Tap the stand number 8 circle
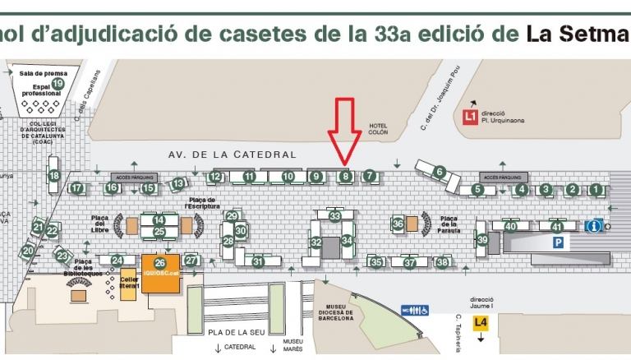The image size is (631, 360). click(346, 176)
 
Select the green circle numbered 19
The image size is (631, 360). click(58, 83)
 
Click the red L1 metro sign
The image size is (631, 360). click(471, 117)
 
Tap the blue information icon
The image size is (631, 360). click(593, 226)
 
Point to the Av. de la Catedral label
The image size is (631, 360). click(232, 154)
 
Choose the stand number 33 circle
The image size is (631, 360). click(334, 216)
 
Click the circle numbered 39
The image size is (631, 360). click(482, 240)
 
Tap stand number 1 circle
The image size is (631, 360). click(596, 189)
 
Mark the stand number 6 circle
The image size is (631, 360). click(440, 172)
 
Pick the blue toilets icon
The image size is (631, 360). click(415, 311)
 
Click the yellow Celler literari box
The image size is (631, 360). click(128, 279)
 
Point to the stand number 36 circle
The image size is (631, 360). click(398, 223)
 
